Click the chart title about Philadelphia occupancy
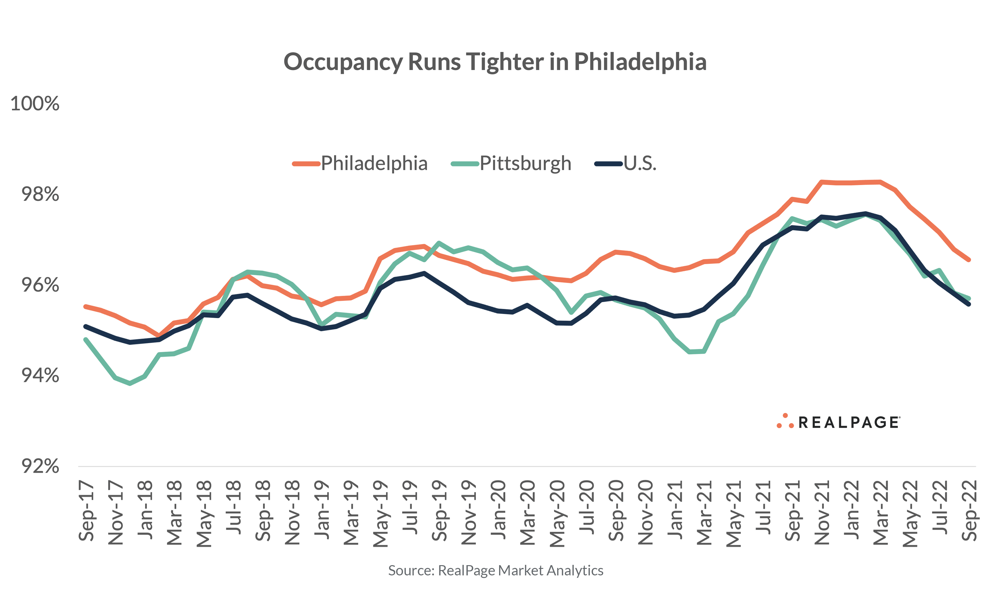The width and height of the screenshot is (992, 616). [x=495, y=62]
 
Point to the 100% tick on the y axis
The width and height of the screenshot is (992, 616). [x=35, y=104]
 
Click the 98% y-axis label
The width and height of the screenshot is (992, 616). [x=40, y=194]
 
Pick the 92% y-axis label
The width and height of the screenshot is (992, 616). [x=40, y=466]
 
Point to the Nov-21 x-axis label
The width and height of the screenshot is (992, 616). [x=822, y=512]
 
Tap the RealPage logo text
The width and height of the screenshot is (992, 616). [x=849, y=423]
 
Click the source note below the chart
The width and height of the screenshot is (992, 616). [x=495, y=570]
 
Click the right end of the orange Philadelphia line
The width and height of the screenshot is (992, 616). [x=969, y=259]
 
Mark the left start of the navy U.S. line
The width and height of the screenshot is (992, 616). [x=86, y=326]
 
